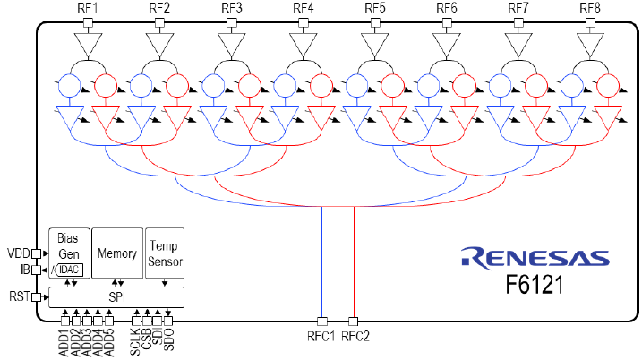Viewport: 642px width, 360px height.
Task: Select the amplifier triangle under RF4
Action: (x=303, y=44)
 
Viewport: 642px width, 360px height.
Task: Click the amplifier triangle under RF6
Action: (x=446, y=44)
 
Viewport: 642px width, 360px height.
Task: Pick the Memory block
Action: (x=116, y=254)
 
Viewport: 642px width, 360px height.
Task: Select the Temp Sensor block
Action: (x=165, y=254)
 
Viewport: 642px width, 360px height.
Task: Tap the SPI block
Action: (x=116, y=296)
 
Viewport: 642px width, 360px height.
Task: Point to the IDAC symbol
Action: (x=68, y=270)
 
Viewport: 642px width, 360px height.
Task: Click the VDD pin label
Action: (x=18, y=253)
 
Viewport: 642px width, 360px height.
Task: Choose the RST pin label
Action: (x=18, y=297)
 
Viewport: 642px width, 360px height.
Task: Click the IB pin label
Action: (x=23, y=269)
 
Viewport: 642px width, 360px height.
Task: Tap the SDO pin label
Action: (x=168, y=341)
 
